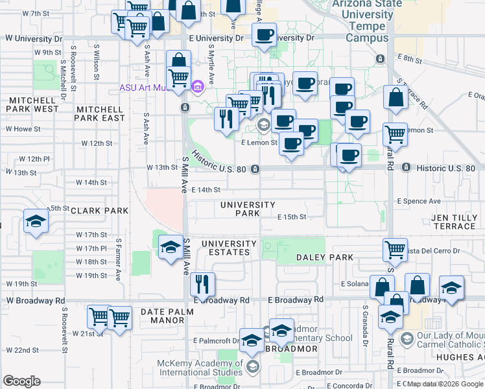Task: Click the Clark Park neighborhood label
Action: click(99, 211)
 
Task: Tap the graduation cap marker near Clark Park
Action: click(36, 221)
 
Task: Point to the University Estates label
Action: click(225, 248)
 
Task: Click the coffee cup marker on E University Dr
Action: click(264, 35)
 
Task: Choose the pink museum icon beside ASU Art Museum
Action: click(198, 86)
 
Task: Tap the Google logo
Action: click(21, 381)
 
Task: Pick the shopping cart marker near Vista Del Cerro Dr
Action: click(394, 248)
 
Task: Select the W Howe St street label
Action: click(23, 129)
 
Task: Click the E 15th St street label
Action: click(291, 217)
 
